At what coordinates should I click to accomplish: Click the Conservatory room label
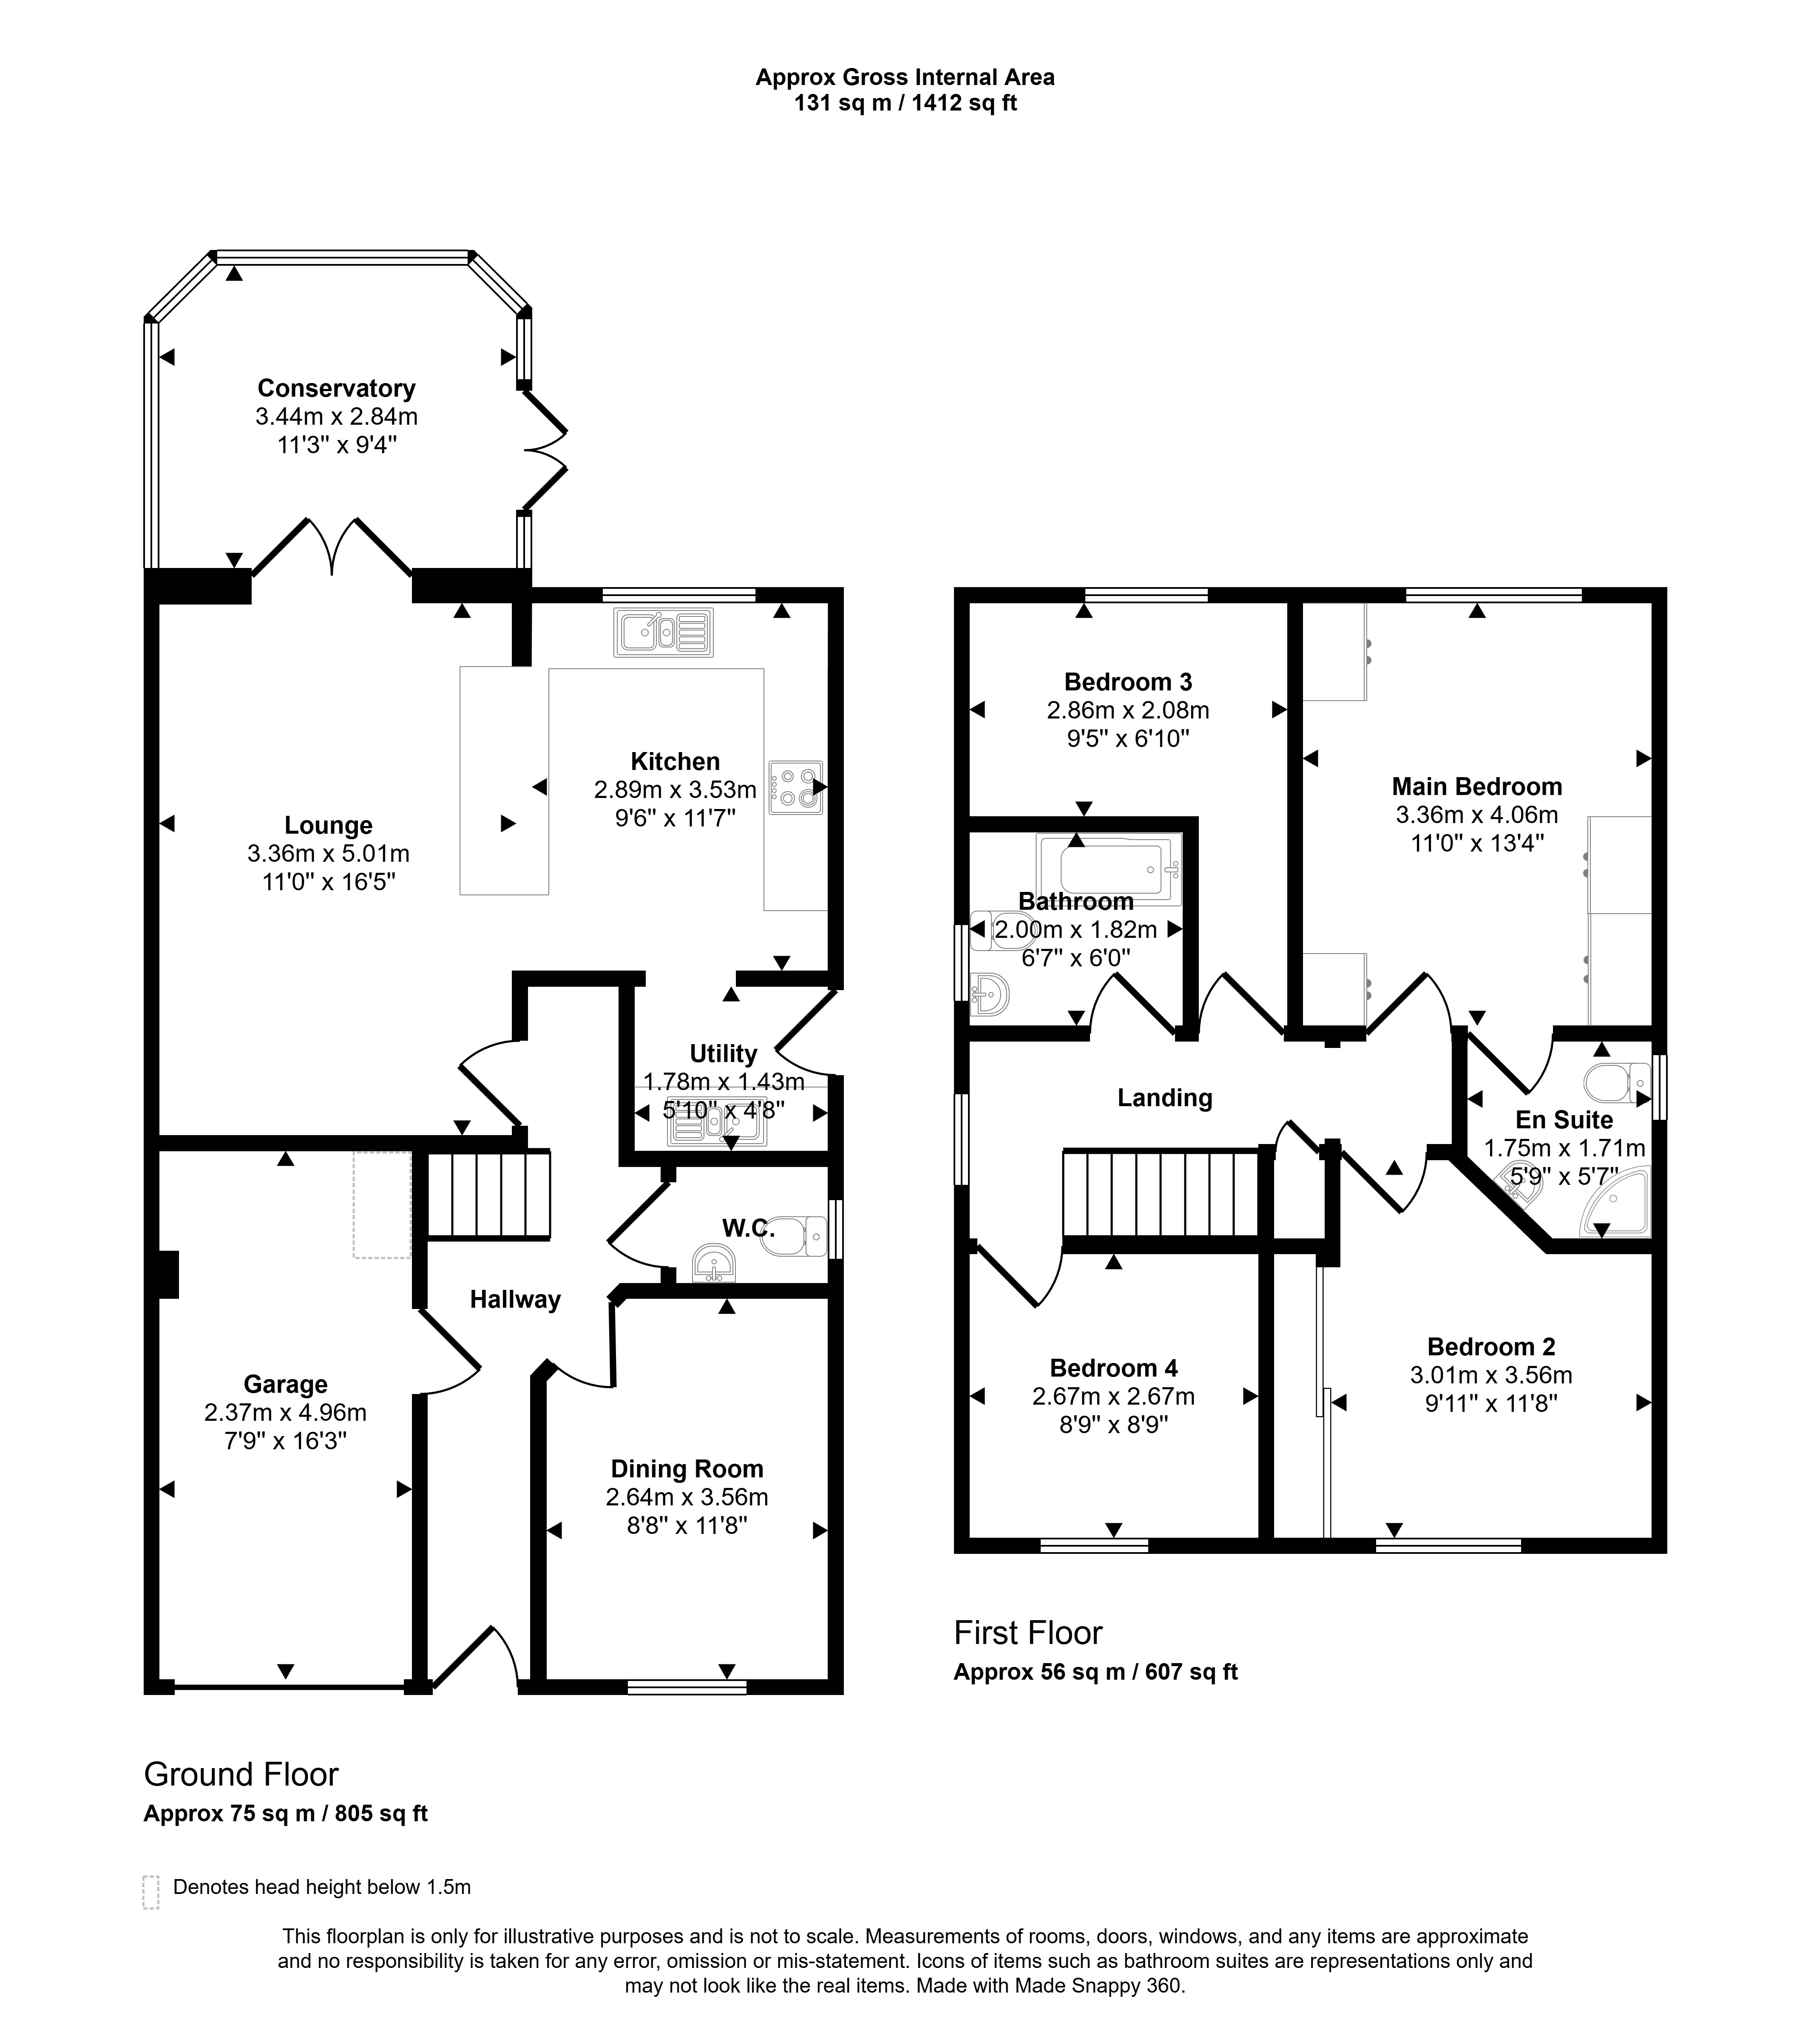click(336, 388)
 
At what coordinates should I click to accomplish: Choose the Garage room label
click(286, 1384)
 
